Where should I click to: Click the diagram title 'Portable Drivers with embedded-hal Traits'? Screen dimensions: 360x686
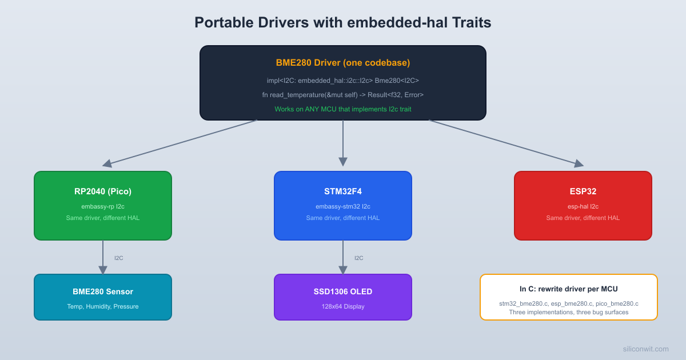coord(342,22)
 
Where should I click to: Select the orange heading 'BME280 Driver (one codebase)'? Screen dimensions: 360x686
coord(342,63)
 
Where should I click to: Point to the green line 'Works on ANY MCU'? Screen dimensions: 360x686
coord(342,109)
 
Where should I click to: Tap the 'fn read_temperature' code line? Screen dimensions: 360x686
coord(342,94)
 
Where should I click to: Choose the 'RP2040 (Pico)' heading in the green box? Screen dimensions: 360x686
coord(103,191)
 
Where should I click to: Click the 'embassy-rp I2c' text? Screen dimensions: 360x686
coord(103,206)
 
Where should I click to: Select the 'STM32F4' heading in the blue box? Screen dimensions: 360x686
coord(342,191)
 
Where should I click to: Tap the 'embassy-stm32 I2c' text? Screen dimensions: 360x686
coord(342,206)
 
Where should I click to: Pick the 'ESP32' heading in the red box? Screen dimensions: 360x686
coord(583,191)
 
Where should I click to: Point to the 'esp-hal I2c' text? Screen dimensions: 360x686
coord(583,206)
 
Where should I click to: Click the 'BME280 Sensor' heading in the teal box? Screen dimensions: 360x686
coord(103,291)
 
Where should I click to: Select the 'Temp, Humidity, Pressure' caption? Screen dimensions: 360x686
coord(103,306)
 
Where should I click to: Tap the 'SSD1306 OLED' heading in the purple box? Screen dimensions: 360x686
coord(342,291)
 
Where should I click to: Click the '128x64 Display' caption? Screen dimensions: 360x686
coord(342,306)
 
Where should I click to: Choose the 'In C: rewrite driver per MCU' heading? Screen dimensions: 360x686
coord(568,289)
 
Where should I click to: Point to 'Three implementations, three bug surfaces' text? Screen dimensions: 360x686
coord(568,312)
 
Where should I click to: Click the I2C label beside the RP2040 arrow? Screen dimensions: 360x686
coord(118,258)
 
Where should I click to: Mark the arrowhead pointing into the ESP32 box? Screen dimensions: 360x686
coord(579,163)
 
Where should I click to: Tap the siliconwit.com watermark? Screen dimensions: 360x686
coord(645,349)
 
